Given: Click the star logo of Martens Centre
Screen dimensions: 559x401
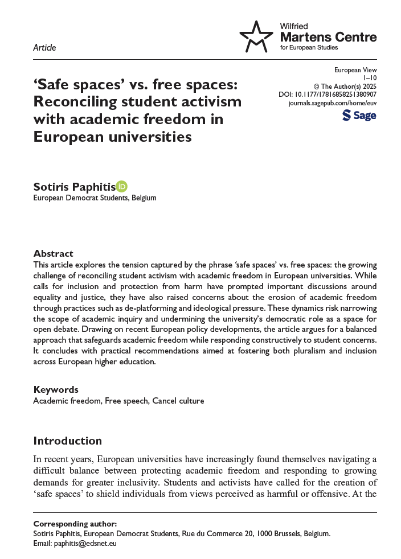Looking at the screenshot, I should (x=256, y=37).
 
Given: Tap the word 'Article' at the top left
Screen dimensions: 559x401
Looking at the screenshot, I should (x=44, y=48).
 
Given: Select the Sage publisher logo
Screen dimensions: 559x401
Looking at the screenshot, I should (x=359, y=116).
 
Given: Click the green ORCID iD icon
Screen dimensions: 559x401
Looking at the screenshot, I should (x=121, y=186).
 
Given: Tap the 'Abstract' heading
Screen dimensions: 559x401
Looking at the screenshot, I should (x=53, y=253).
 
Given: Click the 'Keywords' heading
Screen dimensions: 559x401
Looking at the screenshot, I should (x=56, y=390).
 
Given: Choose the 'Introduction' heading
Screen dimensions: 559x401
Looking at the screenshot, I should (x=67, y=441).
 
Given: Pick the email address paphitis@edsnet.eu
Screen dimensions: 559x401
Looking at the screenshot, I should (x=85, y=543).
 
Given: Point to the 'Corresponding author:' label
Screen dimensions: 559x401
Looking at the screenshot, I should (x=67, y=524).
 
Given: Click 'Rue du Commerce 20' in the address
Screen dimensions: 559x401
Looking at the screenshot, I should (x=211, y=533).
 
